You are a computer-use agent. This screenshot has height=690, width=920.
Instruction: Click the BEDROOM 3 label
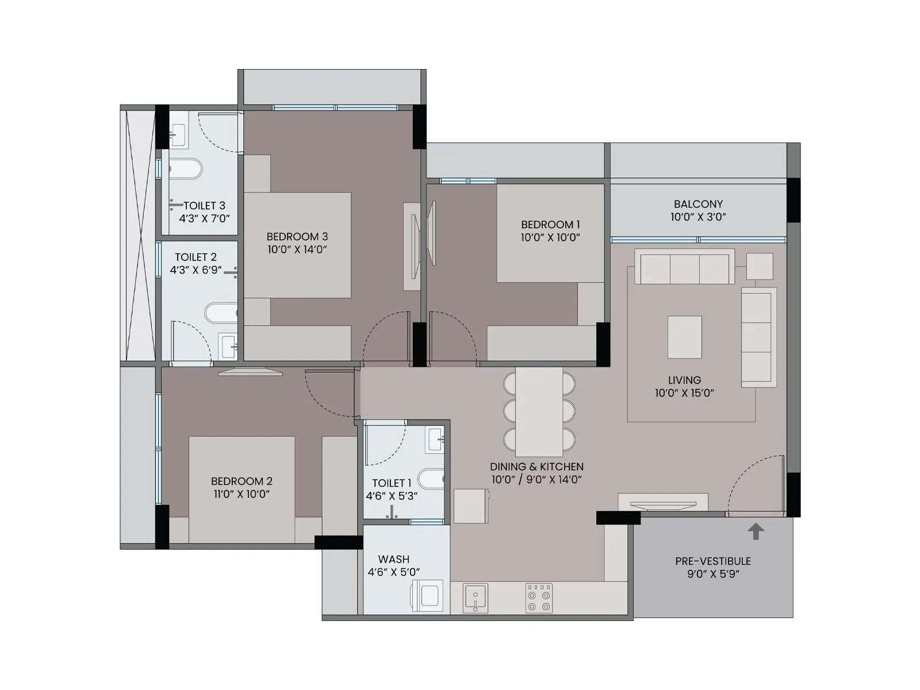click(297, 236)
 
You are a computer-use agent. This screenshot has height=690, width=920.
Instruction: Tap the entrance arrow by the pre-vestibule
click(756, 531)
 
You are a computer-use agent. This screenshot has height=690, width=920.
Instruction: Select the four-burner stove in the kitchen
click(539, 598)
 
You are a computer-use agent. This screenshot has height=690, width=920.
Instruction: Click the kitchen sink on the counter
click(476, 597)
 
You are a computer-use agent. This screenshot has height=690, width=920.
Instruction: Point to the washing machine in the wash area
click(427, 596)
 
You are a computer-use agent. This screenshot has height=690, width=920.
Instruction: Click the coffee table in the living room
click(684, 337)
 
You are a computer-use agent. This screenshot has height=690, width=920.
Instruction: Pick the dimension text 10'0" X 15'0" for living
click(684, 393)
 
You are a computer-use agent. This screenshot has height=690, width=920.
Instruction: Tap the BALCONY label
click(698, 204)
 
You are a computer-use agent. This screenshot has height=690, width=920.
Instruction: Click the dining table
click(539, 411)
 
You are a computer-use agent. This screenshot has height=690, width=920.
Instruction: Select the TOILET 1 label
click(392, 484)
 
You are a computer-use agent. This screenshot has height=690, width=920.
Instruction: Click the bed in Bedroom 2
click(241, 489)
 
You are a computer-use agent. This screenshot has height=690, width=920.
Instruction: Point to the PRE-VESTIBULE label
click(713, 561)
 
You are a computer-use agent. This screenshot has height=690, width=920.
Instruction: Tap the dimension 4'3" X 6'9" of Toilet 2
click(195, 270)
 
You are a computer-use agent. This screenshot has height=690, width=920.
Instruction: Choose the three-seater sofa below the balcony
click(684, 267)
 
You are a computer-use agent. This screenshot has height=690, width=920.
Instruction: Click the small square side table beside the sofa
click(760, 266)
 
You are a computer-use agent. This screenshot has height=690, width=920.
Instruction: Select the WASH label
click(394, 559)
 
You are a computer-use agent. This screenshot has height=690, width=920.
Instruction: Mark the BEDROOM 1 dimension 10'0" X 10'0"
click(550, 237)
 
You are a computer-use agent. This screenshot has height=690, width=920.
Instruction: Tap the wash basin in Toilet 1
click(435, 439)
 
